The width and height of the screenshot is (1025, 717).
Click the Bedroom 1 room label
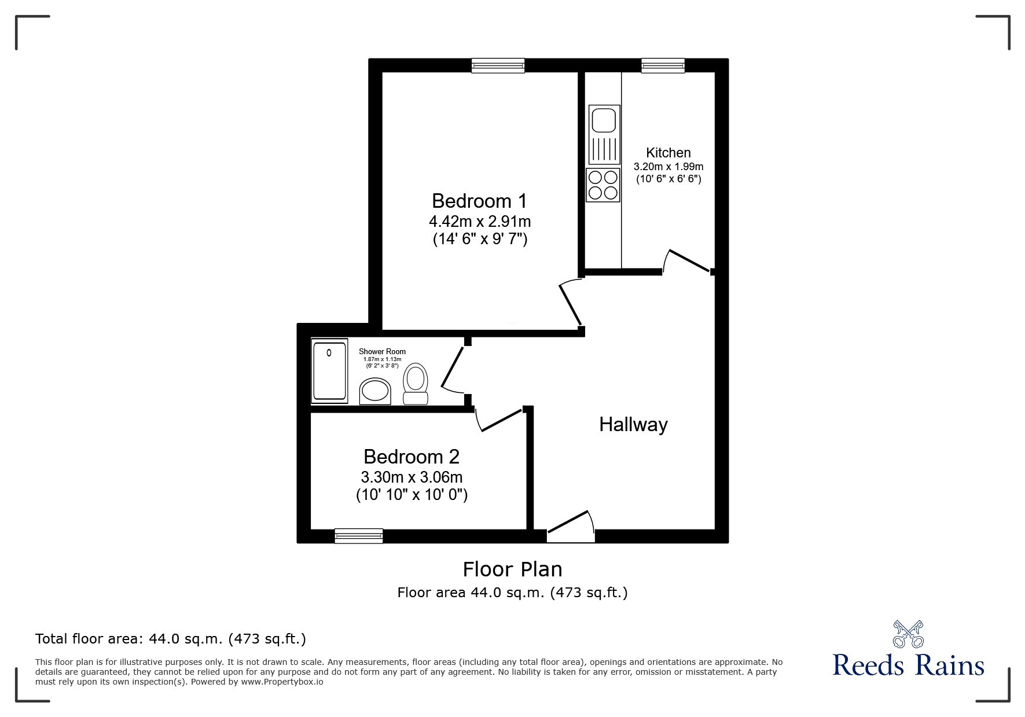[x=479, y=201]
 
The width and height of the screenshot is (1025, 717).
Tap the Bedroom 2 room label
[x=411, y=457]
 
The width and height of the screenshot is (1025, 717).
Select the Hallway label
[x=633, y=424]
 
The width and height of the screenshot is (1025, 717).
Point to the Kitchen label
[x=668, y=153]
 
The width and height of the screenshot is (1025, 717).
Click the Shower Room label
[x=382, y=351]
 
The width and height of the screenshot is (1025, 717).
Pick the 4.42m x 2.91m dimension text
[x=479, y=221]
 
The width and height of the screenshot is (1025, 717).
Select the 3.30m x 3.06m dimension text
[x=411, y=477]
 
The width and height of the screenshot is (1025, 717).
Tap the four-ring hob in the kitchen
[x=603, y=185]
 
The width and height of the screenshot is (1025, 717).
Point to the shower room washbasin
[x=375, y=391]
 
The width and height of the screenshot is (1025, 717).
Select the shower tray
[x=329, y=370]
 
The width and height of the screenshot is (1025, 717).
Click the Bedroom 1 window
[x=498, y=65]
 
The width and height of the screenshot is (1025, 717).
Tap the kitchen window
[x=663, y=65]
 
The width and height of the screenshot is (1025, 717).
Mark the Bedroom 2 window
[x=359, y=536]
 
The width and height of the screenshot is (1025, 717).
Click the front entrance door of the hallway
[x=571, y=527]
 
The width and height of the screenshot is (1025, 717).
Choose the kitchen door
[x=688, y=262]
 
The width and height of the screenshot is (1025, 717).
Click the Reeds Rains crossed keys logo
[x=908, y=634]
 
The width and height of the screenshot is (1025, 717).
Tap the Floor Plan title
[x=512, y=569]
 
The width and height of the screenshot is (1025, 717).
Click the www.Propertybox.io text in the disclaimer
[x=282, y=682]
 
